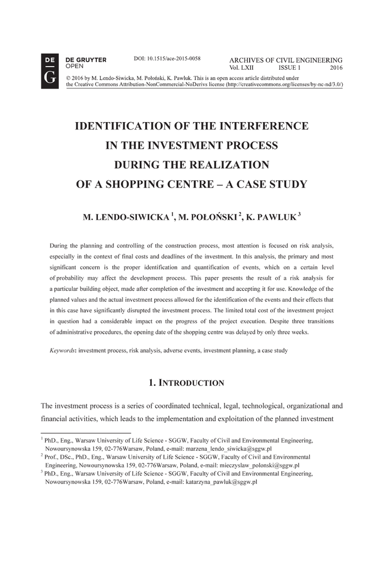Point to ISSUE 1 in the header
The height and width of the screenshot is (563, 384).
[x=289, y=68]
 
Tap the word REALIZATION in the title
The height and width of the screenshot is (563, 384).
[x=224, y=165]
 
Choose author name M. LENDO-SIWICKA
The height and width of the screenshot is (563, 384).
[x=125, y=218]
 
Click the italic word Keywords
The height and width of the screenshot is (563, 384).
[x=62, y=350]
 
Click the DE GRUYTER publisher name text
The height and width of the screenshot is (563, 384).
[x=86, y=59]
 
